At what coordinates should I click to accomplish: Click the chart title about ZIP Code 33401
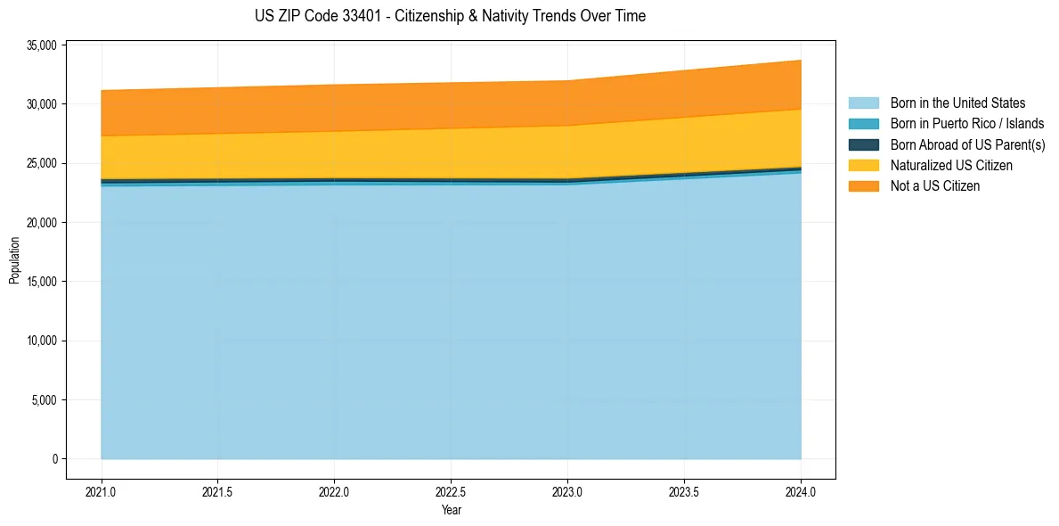coord(450,16)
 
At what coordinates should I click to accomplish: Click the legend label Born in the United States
coord(957,103)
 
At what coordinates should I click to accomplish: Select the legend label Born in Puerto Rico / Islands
coord(967,124)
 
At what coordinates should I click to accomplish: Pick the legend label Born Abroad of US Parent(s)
coord(967,144)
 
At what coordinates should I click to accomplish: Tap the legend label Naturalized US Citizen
coord(951,166)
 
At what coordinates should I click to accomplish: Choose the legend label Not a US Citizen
coord(935,186)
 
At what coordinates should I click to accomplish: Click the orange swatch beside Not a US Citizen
coord(863,186)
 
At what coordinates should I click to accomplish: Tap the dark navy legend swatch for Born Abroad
coord(863,144)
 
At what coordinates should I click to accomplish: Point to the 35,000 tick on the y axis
coord(42,45)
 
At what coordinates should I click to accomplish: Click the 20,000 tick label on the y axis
coord(42,223)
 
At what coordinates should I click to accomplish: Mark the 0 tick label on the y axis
coord(54,459)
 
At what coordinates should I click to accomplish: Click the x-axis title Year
coord(451,511)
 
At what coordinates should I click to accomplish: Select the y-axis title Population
coord(14,260)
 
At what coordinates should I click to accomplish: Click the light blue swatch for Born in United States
coord(863,103)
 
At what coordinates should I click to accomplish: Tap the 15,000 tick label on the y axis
coord(42,282)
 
